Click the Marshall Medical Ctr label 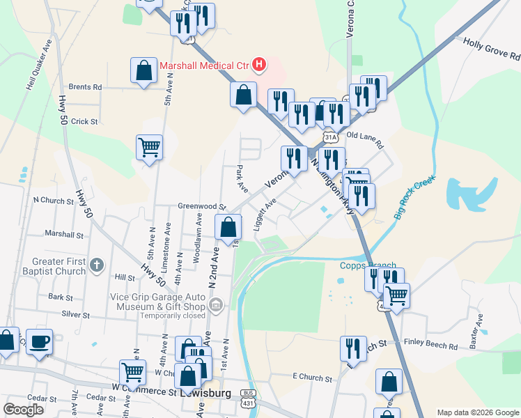204,66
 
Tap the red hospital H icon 259,65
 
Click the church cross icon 97,265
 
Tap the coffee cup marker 40,341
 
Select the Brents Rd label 85,87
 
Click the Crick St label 84,121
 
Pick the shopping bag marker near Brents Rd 143,70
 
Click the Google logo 24,410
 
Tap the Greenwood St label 203,207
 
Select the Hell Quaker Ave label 39,65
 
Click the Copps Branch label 368,265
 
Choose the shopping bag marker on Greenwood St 228,226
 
